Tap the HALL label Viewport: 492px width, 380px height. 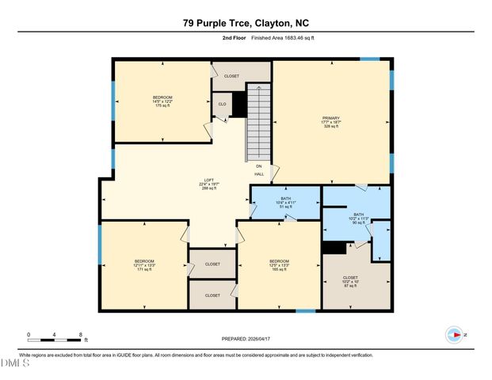pos(259,174)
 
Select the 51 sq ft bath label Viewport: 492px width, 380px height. pos(286,203)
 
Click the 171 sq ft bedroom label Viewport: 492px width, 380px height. pos(144,265)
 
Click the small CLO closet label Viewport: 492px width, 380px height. pos(223,104)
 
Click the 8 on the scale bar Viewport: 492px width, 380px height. pos(80,335)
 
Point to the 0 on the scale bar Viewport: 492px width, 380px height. pos(29,335)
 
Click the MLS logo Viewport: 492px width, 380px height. pos(14,364)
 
